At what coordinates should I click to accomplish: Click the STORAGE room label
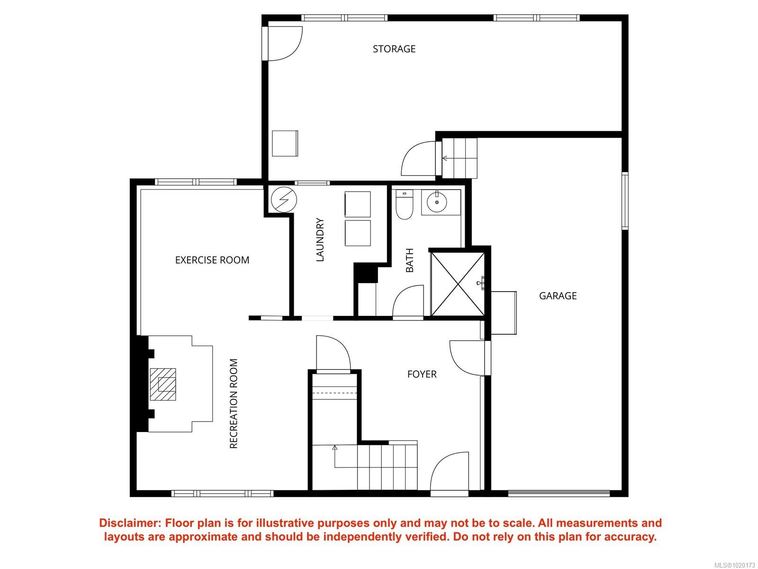pyautogui.click(x=394, y=49)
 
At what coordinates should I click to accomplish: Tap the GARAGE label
pyautogui.click(x=558, y=296)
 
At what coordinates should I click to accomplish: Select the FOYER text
pyautogui.click(x=422, y=374)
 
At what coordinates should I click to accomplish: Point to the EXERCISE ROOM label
pyautogui.click(x=212, y=260)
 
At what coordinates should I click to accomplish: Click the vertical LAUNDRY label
pyautogui.click(x=320, y=240)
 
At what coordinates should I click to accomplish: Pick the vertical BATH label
pyautogui.click(x=410, y=260)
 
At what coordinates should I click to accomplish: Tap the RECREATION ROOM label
pyautogui.click(x=234, y=404)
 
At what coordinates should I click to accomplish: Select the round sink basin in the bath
pyautogui.click(x=436, y=202)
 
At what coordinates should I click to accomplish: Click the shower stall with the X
pyautogui.click(x=458, y=284)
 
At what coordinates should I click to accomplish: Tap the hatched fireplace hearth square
pyautogui.click(x=162, y=385)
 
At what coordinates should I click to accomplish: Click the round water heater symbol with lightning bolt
pyautogui.click(x=284, y=200)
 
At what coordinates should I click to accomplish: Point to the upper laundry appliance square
pyautogui.click(x=358, y=204)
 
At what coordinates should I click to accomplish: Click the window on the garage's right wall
pyautogui.click(x=625, y=202)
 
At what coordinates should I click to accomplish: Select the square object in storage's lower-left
pyautogui.click(x=285, y=143)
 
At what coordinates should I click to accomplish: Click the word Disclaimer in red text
pyautogui.click(x=129, y=523)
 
